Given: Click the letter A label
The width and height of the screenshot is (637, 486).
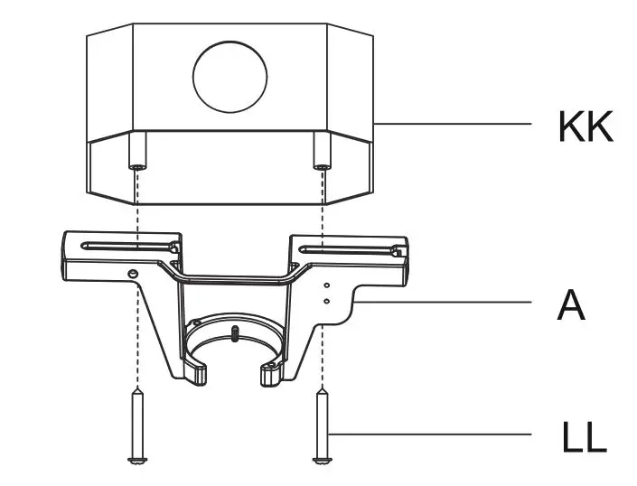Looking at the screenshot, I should click(571, 305).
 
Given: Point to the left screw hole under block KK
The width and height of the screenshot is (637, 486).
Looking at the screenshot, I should click(136, 166).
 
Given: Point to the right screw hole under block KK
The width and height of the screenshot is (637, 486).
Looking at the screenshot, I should click(321, 166).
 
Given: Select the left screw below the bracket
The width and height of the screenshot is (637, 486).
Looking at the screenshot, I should click(136, 425).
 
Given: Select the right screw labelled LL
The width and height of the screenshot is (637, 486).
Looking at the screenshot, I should click(321, 425).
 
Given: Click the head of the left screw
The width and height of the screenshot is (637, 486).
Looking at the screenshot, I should click(136, 461).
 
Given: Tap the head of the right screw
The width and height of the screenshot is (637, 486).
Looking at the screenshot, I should click(321, 461).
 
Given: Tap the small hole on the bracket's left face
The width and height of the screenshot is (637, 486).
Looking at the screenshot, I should click(133, 273).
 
